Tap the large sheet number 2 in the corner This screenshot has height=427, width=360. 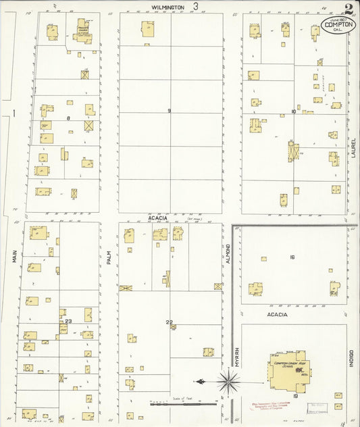click(x=347, y=9)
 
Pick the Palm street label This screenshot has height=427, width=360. click(x=107, y=256)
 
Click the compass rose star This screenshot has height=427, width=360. click(x=230, y=383)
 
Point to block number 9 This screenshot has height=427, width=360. click(x=170, y=111)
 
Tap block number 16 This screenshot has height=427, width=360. click(x=292, y=257)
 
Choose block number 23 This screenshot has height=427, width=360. click(x=69, y=321)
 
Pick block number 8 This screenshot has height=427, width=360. click(x=68, y=118)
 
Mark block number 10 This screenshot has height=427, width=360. click(x=294, y=111)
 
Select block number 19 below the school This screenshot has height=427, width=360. click(x=296, y=395)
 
